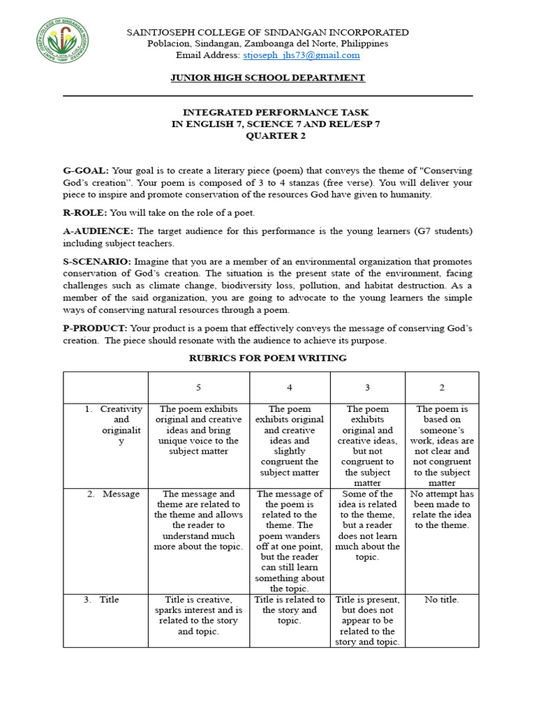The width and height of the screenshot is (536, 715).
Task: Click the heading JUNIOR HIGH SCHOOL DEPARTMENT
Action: (x=268, y=78)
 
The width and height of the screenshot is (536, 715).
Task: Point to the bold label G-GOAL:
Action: (x=85, y=170)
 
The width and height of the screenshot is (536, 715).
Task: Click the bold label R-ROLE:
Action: (x=85, y=212)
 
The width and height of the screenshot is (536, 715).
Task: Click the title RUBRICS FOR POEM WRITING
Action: (x=268, y=358)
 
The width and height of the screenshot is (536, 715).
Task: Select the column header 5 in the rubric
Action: (x=198, y=388)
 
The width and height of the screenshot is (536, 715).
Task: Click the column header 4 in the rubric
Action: (x=289, y=388)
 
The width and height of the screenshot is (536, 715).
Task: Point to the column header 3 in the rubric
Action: (x=368, y=388)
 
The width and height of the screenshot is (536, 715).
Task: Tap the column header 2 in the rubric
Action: (x=442, y=388)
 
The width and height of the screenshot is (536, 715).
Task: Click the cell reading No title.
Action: (x=442, y=599)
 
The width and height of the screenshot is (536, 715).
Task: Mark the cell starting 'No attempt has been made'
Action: (x=442, y=509)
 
